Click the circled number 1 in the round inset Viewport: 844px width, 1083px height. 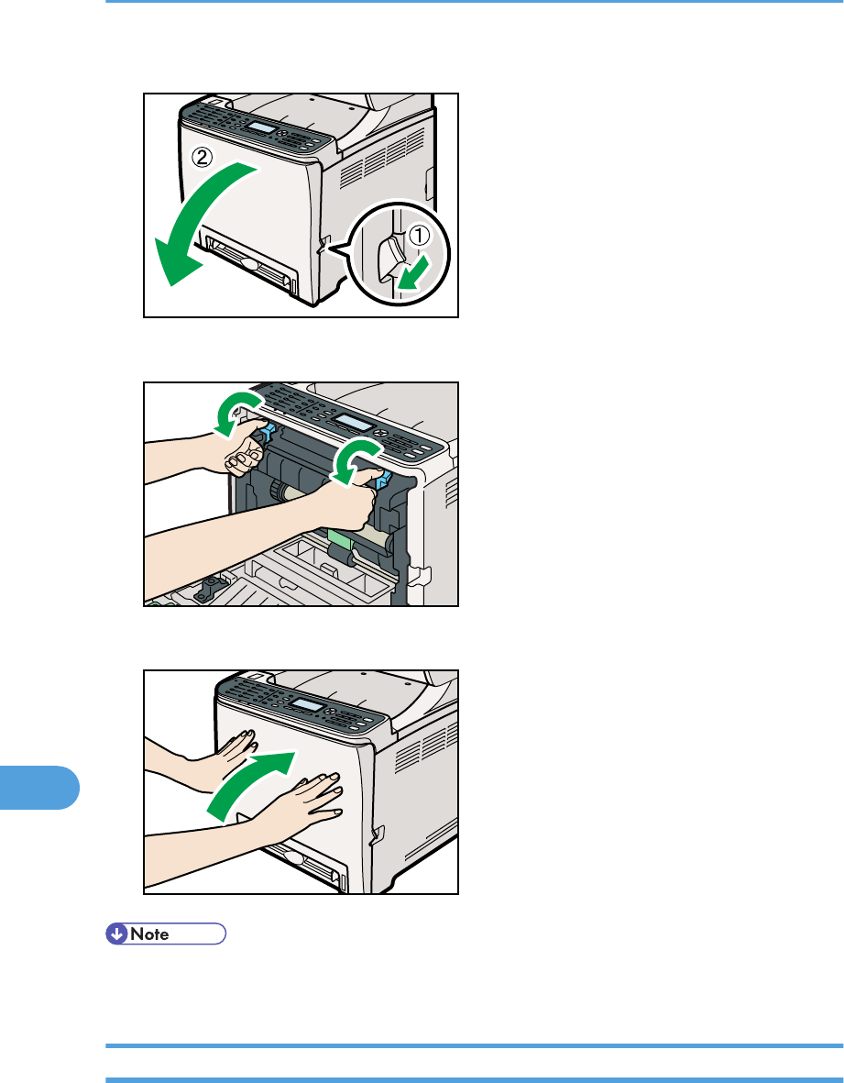420,237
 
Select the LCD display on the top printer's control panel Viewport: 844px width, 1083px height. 261,128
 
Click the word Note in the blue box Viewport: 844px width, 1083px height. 149,934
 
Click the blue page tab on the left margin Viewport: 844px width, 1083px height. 39,787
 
